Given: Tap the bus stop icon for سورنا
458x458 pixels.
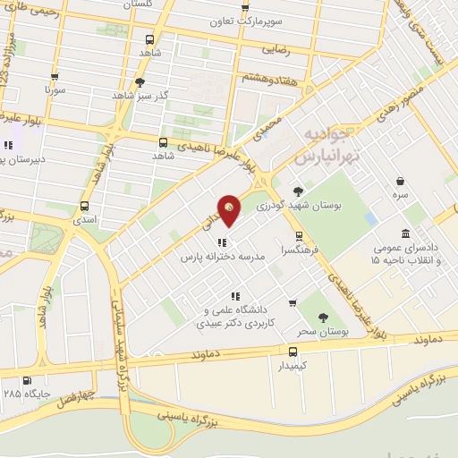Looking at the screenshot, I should pyautogui.click(x=55, y=77).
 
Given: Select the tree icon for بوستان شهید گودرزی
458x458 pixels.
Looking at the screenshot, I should pyautogui.click(x=298, y=191).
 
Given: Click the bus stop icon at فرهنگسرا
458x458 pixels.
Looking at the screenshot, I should pyautogui.click(x=299, y=237).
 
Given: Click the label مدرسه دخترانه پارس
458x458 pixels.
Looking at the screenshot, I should pyautogui.click(x=223, y=256).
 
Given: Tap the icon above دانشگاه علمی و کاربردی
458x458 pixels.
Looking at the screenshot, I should pyautogui.click(x=234, y=296).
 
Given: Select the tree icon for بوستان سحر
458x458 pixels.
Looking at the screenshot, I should pyautogui.click(x=323, y=317).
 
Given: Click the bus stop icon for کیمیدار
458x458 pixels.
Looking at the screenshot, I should pyautogui.click(x=293, y=352).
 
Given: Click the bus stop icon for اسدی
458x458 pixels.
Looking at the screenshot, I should pyautogui.click(x=84, y=205).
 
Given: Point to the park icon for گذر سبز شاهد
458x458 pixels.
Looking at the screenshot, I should pyautogui.click(x=140, y=82).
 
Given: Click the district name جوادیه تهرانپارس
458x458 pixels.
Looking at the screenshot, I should pyautogui.click(x=327, y=144).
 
